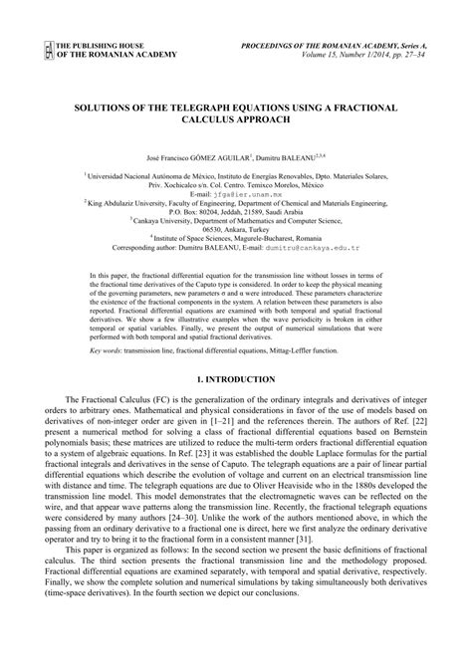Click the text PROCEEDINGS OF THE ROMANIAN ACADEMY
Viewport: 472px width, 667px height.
point(332,46)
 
